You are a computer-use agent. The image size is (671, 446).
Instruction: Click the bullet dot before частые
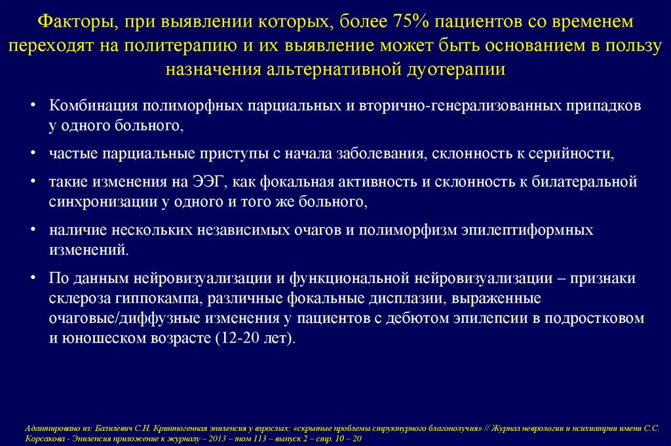click(x=33, y=155)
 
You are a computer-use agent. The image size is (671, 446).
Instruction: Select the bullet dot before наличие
click(x=33, y=231)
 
